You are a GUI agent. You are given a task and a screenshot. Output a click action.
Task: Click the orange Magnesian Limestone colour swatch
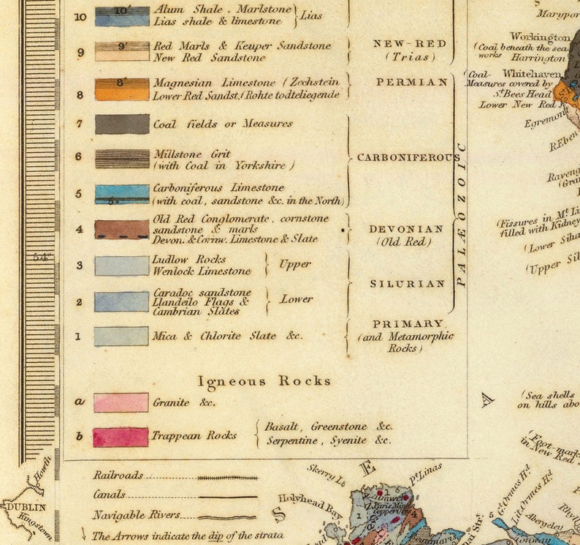[122, 89]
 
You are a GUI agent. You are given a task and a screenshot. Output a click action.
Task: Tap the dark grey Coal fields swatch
[122, 124]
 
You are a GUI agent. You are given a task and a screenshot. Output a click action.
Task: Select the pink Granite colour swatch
[121, 402]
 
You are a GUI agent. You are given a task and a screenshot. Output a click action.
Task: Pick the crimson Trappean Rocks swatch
[121, 437]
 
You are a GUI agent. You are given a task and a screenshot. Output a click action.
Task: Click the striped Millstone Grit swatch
[122, 159]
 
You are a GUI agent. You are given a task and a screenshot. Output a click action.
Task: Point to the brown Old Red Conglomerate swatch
[122, 229]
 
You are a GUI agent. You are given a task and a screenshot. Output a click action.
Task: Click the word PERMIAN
[412, 83]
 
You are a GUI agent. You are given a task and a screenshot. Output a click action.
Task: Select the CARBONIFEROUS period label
[408, 157]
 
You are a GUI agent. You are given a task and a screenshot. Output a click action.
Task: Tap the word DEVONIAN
[406, 229]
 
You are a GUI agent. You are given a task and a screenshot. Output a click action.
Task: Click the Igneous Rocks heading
[264, 381]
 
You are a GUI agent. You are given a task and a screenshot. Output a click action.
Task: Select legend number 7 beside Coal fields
[80, 124]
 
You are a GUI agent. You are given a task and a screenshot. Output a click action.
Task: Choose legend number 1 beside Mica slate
[79, 337]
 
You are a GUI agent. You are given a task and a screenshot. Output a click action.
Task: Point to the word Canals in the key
[109, 495]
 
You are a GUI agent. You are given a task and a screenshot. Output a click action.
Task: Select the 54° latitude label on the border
[38, 257]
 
